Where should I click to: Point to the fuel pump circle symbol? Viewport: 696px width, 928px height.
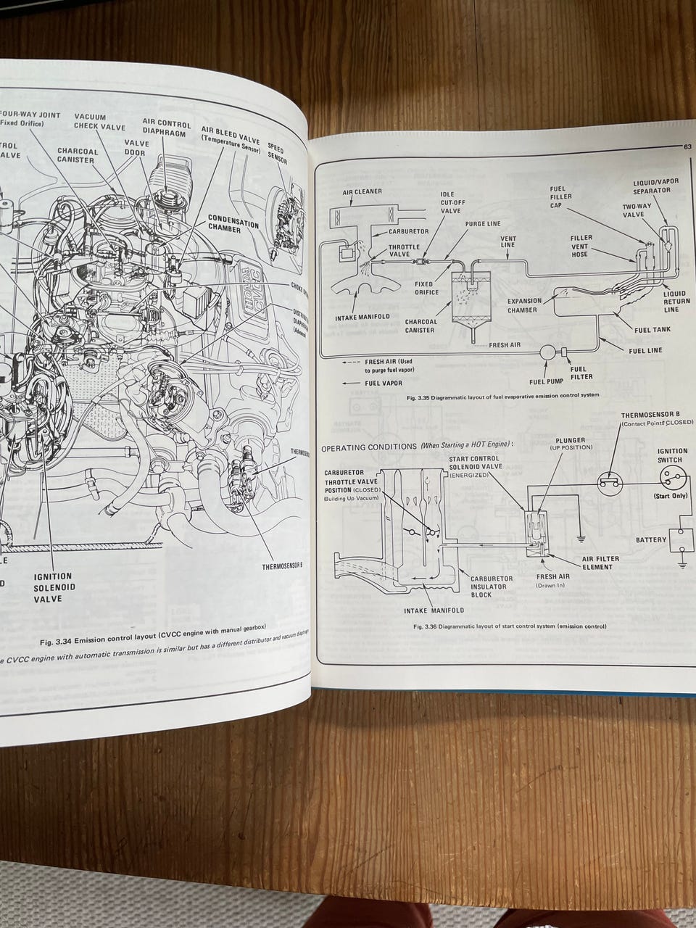(x=547, y=353)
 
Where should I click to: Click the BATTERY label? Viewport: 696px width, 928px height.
(x=651, y=539)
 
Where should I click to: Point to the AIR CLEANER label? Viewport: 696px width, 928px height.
(x=362, y=193)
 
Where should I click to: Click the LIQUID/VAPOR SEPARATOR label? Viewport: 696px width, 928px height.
(x=650, y=186)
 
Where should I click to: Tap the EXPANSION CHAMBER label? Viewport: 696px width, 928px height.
(x=532, y=305)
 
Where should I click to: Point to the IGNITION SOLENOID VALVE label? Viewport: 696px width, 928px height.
(x=53, y=587)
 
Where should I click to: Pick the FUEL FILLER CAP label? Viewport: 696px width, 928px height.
(x=560, y=196)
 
